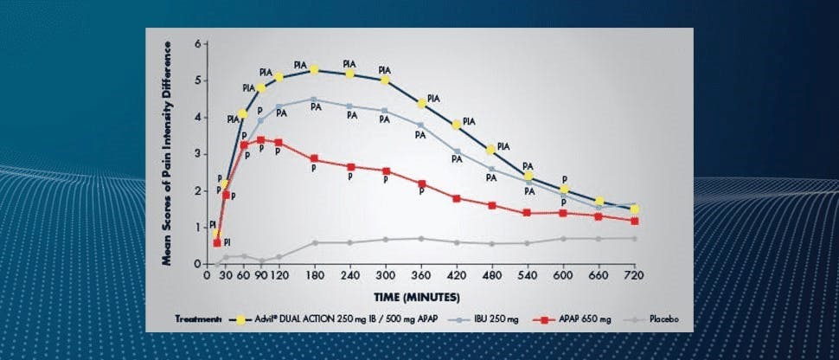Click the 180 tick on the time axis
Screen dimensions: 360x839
tap(315, 274)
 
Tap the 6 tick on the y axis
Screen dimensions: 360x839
tap(198, 43)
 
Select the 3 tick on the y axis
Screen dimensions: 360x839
tap(198, 153)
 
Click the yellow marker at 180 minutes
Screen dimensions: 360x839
tap(315, 70)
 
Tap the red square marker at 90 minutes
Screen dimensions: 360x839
tap(261, 139)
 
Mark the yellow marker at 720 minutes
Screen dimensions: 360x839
tap(634, 209)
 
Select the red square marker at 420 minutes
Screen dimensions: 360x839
tap(457, 198)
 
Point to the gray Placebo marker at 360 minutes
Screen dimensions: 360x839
tap(421, 239)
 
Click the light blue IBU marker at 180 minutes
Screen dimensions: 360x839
tap(315, 100)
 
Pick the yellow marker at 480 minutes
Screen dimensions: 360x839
tap(491, 150)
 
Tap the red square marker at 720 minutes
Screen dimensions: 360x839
tap(634, 221)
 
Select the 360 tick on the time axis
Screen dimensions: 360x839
tap(421, 274)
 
